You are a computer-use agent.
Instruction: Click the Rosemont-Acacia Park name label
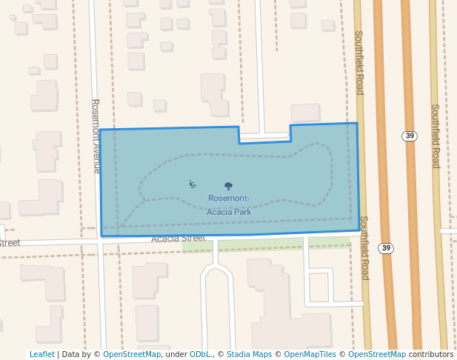229,204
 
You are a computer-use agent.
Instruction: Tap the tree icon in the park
228,187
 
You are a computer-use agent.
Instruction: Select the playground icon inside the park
193,184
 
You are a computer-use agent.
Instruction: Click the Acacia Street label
178,239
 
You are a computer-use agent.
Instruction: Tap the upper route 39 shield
410,136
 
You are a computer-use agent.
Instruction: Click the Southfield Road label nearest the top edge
359,63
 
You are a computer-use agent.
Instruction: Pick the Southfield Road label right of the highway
436,136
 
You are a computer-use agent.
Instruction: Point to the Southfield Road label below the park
364,247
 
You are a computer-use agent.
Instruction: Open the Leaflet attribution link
41,355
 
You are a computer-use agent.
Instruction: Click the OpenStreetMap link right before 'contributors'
377,355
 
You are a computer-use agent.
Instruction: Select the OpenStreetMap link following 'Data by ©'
131,355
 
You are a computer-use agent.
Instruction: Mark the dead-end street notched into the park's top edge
264,136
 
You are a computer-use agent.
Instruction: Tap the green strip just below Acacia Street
281,244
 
